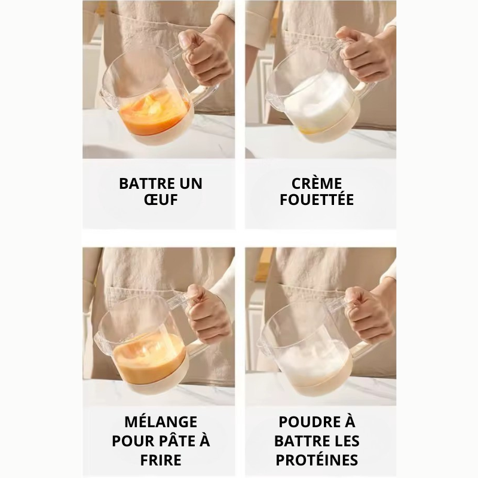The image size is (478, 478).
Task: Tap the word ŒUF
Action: tap(161, 200)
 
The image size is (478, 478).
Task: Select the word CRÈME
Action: tap(317, 183)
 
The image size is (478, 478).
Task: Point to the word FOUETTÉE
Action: tap(317, 200)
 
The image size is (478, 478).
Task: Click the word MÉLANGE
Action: tap(161, 422)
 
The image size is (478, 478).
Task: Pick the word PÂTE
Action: tap(175, 441)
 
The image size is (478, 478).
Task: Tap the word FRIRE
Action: tap(161, 460)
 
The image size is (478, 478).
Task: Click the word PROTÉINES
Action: tap(317, 460)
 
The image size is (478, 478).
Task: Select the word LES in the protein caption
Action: tap(347, 441)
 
